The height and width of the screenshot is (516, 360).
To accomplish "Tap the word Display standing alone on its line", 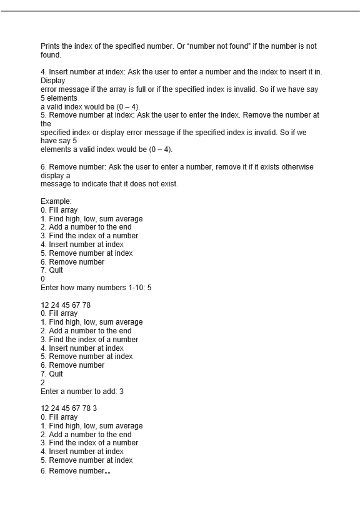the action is pos(52,81).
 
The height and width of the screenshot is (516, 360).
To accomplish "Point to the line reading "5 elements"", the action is pos(59,98).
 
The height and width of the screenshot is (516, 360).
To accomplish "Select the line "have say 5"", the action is pos(58,141).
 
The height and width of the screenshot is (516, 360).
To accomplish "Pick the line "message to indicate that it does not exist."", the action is pos(109,184).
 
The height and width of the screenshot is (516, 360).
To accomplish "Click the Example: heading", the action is pos(56,201).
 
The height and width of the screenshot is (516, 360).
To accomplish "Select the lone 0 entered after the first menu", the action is pos(42,279).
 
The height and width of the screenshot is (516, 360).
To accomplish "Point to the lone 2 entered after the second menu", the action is pos(42,382).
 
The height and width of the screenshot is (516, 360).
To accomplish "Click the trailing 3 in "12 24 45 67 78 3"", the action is pos(94,408).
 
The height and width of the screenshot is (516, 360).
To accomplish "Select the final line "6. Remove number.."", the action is pos(75,471).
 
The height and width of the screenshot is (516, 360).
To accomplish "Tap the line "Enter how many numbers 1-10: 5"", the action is pos(96,288).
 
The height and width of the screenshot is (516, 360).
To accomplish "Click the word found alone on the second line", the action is pos(51,55).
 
